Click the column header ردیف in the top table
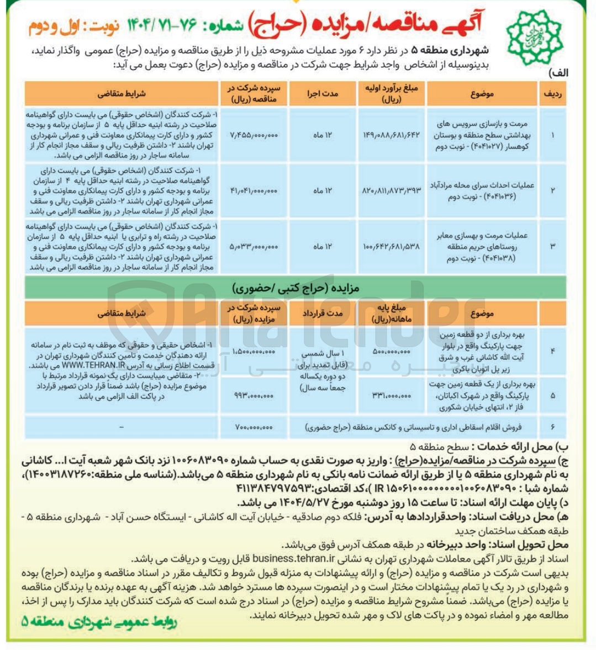click(x=553, y=94)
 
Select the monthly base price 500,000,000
click(x=392, y=350)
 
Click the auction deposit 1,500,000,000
click(x=254, y=350)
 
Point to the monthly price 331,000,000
click(x=392, y=395)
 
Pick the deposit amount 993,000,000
click(x=254, y=395)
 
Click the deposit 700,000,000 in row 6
click(x=254, y=427)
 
